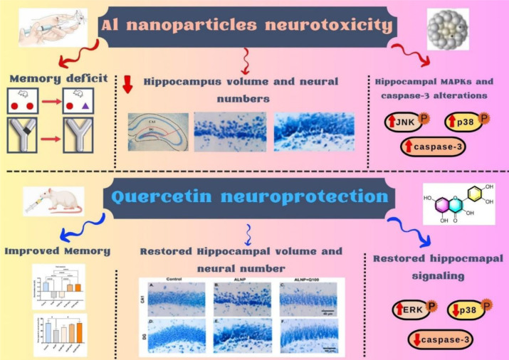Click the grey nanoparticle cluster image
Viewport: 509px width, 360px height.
[x=451, y=28]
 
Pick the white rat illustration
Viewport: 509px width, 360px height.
[x=54, y=201]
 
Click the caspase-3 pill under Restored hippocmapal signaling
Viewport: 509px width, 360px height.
[x=440, y=339]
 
